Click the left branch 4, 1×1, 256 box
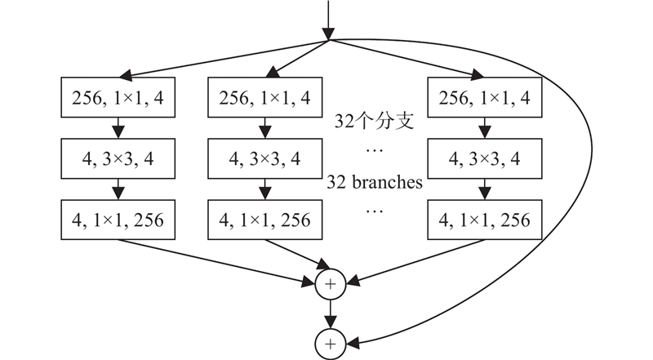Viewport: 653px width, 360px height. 118,220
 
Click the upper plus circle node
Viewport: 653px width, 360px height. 331,283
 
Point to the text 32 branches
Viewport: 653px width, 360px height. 375,182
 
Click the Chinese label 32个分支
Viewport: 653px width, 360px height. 375,123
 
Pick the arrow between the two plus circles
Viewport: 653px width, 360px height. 331,314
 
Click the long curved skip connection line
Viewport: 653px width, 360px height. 571,188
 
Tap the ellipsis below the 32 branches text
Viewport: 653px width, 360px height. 375,211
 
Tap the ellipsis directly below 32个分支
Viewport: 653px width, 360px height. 375,152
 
